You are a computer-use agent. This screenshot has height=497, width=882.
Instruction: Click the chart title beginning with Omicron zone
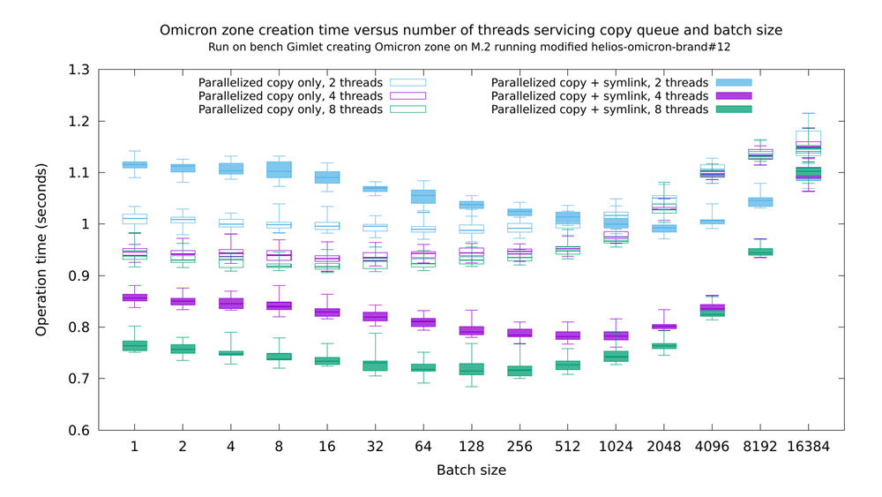[x=471, y=30]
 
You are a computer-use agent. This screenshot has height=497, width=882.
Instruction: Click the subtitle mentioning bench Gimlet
[x=469, y=48]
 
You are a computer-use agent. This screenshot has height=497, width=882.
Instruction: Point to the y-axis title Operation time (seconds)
[x=41, y=250]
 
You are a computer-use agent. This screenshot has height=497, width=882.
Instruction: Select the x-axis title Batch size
[x=471, y=470]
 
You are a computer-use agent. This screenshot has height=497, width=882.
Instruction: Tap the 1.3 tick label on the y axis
[x=78, y=70]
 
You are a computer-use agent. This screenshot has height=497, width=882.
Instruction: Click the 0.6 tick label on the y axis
[x=78, y=431]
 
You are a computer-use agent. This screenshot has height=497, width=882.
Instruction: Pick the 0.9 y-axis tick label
[x=78, y=275]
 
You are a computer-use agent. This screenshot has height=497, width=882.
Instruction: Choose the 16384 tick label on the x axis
[x=808, y=447]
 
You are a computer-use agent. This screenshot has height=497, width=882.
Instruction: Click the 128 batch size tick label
[x=471, y=447]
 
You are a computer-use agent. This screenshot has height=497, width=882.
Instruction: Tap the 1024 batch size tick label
[x=616, y=447]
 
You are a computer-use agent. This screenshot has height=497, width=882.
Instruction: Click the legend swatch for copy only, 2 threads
[x=407, y=83]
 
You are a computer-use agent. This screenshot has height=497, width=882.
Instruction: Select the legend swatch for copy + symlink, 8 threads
[x=734, y=109]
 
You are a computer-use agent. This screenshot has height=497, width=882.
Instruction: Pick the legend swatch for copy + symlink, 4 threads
[x=734, y=96]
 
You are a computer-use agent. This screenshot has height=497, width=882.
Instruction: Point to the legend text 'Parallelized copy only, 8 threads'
[x=290, y=109]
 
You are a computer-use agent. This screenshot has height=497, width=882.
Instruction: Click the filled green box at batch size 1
[x=134, y=345]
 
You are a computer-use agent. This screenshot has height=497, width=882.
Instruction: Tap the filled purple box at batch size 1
[x=134, y=297]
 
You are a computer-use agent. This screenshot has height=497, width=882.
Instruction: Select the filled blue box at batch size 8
[x=279, y=169]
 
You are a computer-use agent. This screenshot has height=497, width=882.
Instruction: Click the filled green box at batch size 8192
[x=760, y=252]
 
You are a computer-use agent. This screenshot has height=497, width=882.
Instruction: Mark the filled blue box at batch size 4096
[x=712, y=222]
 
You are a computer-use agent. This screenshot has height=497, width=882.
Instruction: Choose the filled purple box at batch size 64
[x=423, y=322]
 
